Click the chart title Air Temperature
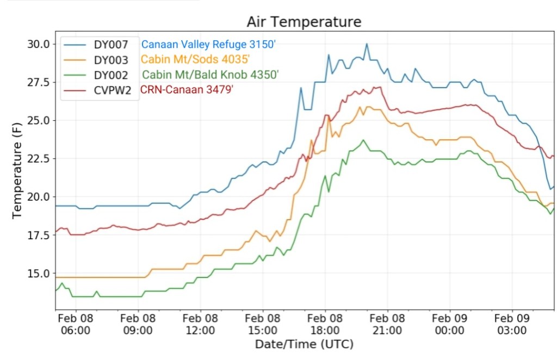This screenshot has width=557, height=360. point(304,22)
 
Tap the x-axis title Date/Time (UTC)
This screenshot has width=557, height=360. point(304,344)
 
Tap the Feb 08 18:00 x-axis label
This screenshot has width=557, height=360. point(325,324)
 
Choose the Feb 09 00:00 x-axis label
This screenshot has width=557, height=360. point(450,324)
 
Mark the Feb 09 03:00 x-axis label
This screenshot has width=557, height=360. point(512,324)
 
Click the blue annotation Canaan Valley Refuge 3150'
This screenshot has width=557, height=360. point(212,44)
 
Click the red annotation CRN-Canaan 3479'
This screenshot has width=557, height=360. point(187,90)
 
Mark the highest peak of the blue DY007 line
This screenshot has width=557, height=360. point(367,44)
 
